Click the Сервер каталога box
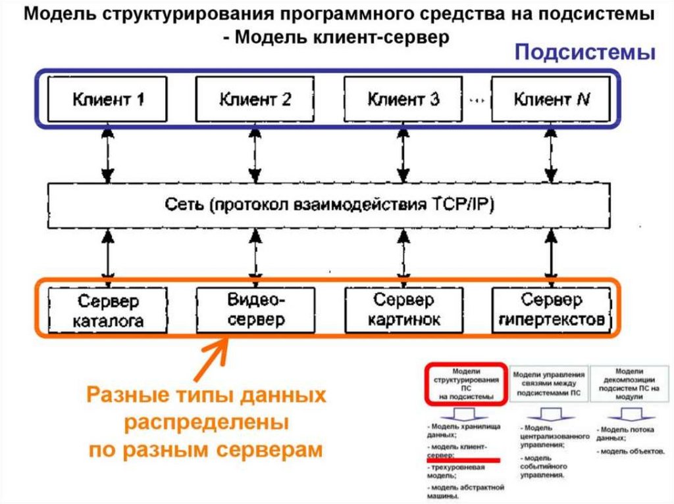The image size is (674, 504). tap(107, 310)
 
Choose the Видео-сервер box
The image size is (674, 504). tap(255, 310)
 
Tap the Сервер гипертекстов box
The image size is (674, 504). tap(551, 310)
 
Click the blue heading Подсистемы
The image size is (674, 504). tap(584, 53)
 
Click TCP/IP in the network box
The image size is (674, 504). tap(460, 204)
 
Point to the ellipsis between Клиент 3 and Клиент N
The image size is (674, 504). tap(477, 100)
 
